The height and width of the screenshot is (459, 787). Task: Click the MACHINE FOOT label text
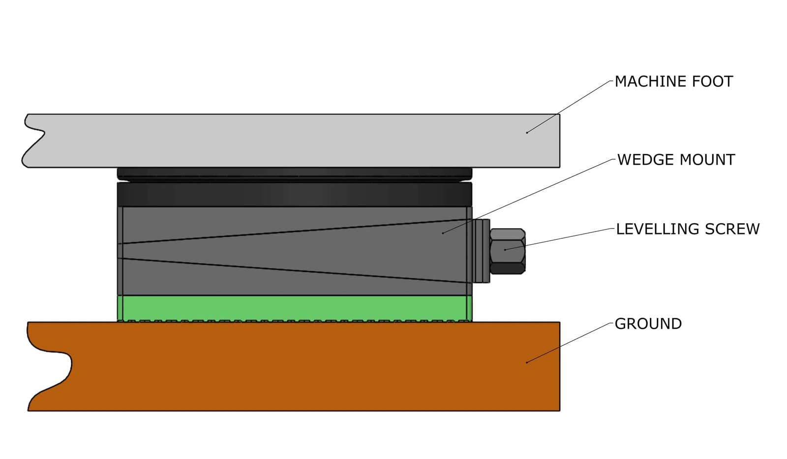pos(673,82)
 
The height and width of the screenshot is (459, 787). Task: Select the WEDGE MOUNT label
pos(676,160)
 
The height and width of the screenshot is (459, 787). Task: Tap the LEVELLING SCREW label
pos(688,229)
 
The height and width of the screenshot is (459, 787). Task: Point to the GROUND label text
pos(648,324)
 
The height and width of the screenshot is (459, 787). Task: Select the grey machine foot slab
pos(295,141)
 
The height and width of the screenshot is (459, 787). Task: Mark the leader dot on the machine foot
pos(527,132)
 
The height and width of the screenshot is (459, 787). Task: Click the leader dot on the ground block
pos(527,362)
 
